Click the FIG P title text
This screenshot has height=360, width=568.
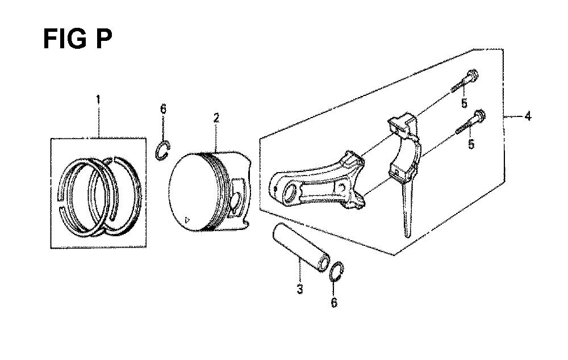point(77,39)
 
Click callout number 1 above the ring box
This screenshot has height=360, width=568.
point(98,99)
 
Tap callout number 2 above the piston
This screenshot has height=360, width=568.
point(216,118)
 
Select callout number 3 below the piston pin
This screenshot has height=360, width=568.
point(299,289)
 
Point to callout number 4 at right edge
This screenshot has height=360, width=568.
point(528,116)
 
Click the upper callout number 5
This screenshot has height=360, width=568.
point(465,103)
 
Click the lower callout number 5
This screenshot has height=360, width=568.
point(471,144)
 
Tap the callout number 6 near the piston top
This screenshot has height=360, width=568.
point(164,108)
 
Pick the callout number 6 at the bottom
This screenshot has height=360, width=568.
point(334,302)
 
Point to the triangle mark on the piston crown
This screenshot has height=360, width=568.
point(187,219)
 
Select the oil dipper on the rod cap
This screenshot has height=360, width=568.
point(407,207)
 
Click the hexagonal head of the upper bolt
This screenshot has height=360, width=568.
point(473,76)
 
